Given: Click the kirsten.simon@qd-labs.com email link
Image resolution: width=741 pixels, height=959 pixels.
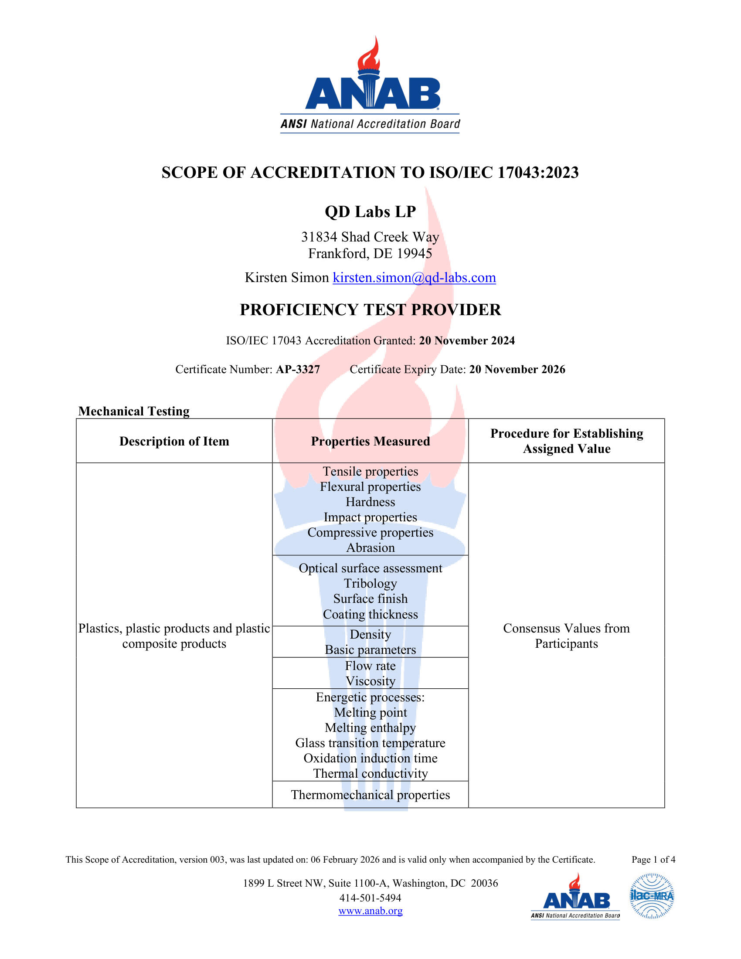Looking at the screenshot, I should point(414,278).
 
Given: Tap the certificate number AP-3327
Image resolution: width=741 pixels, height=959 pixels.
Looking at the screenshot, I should point(298,369).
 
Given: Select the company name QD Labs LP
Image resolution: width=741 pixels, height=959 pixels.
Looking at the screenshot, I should point(370,212).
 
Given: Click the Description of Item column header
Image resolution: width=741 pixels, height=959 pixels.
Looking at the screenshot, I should point(174,441).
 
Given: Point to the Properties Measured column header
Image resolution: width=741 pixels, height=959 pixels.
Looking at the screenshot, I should point(370,441).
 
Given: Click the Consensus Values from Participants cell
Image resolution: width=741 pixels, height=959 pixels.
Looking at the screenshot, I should point(566,636).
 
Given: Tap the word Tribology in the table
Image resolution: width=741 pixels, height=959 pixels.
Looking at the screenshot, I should point(370,583).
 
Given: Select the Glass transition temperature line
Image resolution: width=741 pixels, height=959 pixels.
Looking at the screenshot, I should point(370,742).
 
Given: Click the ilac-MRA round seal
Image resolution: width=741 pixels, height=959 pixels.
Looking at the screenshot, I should point(652,896).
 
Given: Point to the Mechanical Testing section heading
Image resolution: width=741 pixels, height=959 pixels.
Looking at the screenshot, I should point(134,411).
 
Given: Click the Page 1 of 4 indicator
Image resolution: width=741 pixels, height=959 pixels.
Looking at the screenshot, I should point(653,859).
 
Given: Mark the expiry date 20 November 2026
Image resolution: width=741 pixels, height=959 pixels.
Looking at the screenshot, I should point(517,369).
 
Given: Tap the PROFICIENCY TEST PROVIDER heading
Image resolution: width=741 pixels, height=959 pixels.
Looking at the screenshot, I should point(370,309).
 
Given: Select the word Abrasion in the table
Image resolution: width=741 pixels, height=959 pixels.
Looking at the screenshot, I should point(370,548).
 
